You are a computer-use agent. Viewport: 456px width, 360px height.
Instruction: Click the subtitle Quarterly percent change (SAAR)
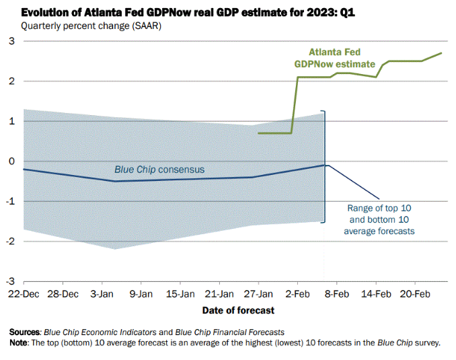pyautogui.click(x=91, y=26)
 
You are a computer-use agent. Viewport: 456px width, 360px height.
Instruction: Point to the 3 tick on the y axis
pyautogui.click(x=11, y=42)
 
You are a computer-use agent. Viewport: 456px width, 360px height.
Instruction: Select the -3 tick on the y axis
pyautogui.click(x=9, y=282)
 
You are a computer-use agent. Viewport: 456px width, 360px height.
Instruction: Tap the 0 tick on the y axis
pyautogui.click(x=11, y=161)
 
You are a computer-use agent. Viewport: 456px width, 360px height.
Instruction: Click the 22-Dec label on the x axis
pyautogui.click(x=24, y=294)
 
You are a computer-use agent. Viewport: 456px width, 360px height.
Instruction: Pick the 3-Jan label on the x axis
pyautogui.click(x=102, y=294)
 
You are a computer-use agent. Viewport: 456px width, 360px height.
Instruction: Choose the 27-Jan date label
pyautogui.click(x=258, y=294)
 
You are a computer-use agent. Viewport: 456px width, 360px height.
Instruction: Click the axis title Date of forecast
pyautogui.click(x=238, y=310)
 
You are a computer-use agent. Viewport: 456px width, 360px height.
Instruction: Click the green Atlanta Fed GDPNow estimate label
pyautogui.click(x=334, y=58)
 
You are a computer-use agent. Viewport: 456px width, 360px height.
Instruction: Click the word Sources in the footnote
pyautogui.click(x=26, y=332)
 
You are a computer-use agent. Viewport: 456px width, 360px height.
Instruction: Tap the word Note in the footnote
pyautogui.click(x=19, y=343)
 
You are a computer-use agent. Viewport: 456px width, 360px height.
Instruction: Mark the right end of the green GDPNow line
pyautogui.click(x=441, y=53)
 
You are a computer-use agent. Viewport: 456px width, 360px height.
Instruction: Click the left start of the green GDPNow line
pyautogui.click(x=258, y=133)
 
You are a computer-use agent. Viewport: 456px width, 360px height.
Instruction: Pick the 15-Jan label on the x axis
pyautogui.click(x=180, y=294)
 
